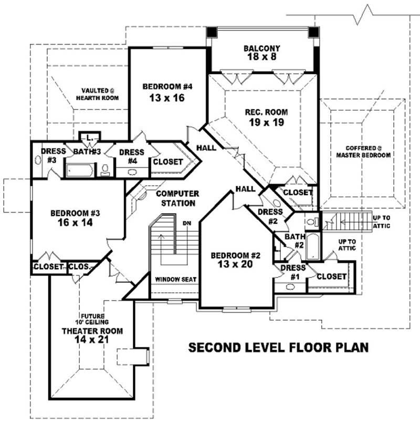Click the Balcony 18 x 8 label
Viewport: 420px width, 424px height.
click(261, 53)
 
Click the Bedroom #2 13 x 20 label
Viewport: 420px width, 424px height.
click(236, 260)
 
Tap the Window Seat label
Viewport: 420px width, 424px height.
click(175, 280)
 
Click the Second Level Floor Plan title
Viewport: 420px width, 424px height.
click(278, 347)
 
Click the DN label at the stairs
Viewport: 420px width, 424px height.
click(186, 223)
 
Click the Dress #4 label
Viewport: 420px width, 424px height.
click(128, 156)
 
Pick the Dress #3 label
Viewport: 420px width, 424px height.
click(51, 155)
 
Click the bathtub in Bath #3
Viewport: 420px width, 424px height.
click(80, 170)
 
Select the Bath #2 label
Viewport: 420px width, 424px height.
click(295, 241)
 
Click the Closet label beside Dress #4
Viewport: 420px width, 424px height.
click(167, 162)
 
